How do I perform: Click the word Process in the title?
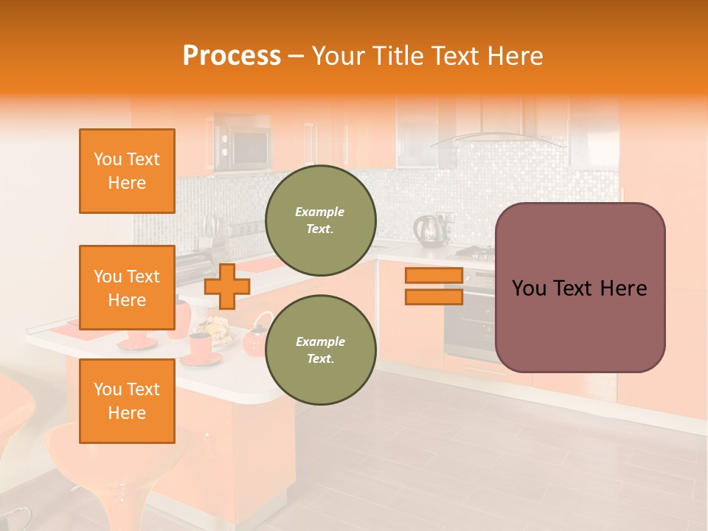pyautogui.click(x=232, y=56)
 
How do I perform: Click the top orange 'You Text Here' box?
pyautogui.click(x=127, y=171)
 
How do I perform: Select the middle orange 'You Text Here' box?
pyautogui.click(x=127, y=288)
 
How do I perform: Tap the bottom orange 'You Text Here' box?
pyautogui.click(x=127, y=400)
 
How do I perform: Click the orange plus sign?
pyautogui.click(x=227, y=286)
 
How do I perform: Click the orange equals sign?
pyautogui.click(x=434, y=286)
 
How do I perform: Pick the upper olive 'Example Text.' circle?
pyautogui.click(x=321, y=220)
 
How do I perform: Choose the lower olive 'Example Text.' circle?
pyautogui.click(x=321, y=350)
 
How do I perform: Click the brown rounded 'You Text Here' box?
pyautogui.click(x=580, y=288)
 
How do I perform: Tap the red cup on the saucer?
pyautogui.click(x=200, y=345)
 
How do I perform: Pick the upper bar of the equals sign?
pyautogui.click(x=434, y=276)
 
